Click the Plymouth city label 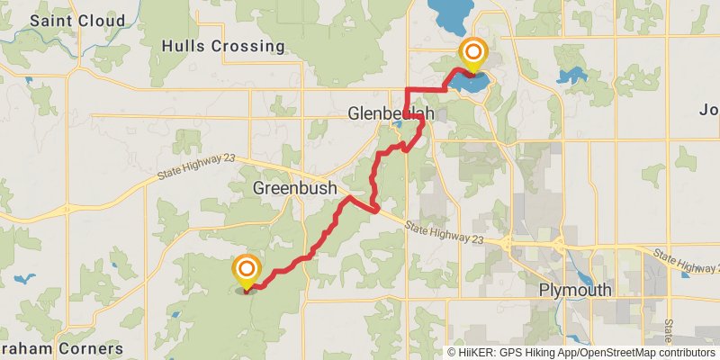(x=575, y=290)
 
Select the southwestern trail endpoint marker (x=246, y=270)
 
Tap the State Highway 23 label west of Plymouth (x=444, y=232)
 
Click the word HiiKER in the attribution (x=476, y=353)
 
